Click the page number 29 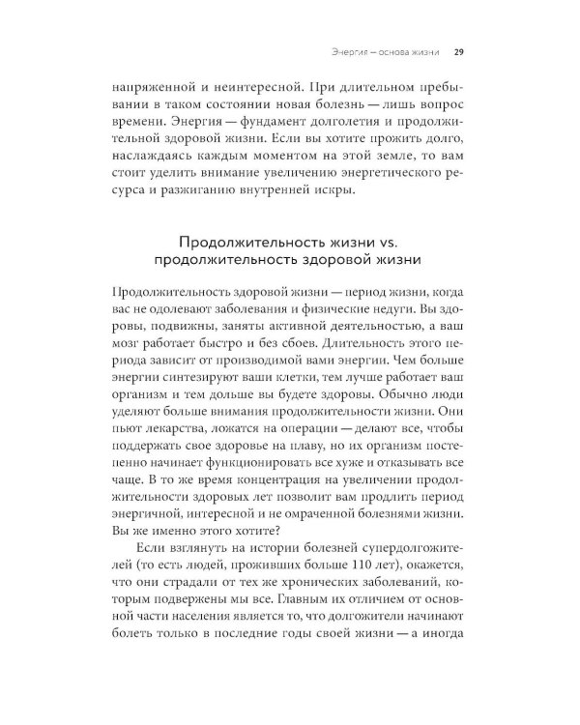(x=461, y=51)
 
